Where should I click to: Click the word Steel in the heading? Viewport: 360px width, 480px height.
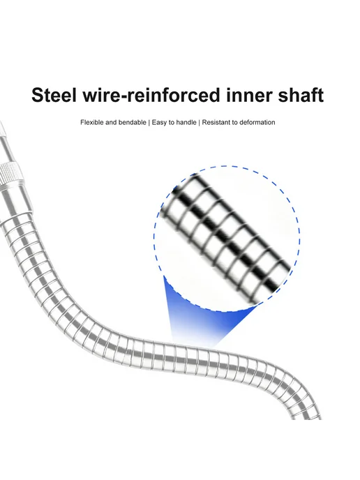pos(54,95)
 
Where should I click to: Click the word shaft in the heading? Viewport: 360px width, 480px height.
pos(301,95)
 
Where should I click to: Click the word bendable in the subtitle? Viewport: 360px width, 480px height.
pos(133,123)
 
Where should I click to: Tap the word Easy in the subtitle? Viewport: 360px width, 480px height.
pos(159,123)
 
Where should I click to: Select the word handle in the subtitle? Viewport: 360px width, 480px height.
pos(186,123)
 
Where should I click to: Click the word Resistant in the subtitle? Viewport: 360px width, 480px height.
pos(216,123)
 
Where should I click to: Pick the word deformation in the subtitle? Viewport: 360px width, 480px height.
pos(257,123)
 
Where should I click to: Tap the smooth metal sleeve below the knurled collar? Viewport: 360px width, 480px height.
pos(15,202)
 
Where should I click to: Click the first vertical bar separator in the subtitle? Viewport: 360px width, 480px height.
pos(149,123)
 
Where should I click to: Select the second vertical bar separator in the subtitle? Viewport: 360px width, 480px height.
pos(200,123)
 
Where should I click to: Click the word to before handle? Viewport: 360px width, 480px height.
pos(171,123)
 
